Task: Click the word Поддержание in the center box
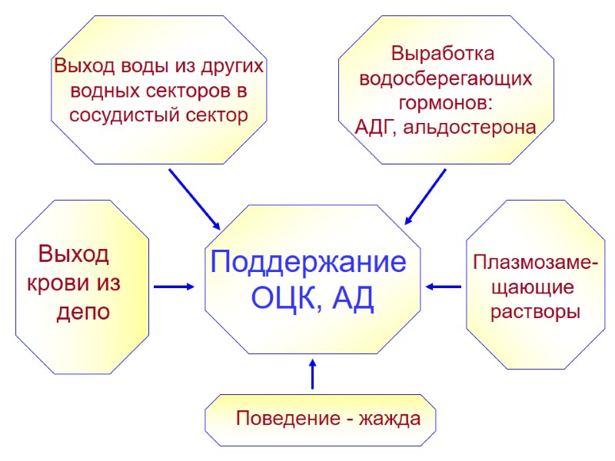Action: coord(308,263)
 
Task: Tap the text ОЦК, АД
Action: coord(313,299)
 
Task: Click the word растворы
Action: coord(535,313)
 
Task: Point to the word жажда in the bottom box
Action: coord(392,420)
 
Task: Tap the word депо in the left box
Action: coord(82,312)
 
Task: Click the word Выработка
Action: coord(444,55)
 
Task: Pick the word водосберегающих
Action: coord(445,79)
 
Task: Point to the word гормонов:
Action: coord(445,103)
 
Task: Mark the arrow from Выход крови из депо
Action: coord(174,287)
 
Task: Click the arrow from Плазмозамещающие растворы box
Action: coord(444,287)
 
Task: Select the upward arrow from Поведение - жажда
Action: coord(312,374)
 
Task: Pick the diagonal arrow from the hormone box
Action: coord(425,197)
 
